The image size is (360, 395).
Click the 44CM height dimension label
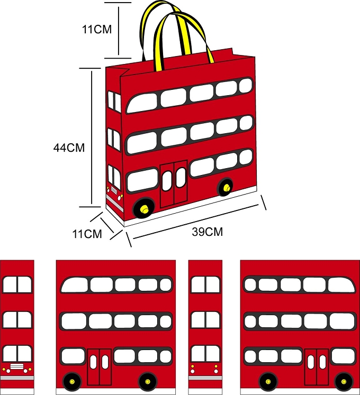[69, 148]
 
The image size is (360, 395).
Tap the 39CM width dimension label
[208, 232]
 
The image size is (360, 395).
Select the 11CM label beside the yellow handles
[97, 30]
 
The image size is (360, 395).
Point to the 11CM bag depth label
[87, 234]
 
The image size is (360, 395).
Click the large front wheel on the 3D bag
[144, 208]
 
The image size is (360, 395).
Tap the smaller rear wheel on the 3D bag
[225, 187]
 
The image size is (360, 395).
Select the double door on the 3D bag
[174, 183]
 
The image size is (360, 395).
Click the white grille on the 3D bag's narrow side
[114, 190]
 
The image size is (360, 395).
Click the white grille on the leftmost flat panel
[17, 366]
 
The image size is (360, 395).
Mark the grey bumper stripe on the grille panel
[17, 378]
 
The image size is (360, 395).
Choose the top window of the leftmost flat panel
[17, 284]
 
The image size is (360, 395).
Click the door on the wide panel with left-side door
[100, 367]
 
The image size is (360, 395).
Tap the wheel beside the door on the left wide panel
[72, 382]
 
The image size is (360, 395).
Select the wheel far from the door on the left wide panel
[148, 382]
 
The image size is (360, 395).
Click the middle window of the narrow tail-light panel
[205, 320]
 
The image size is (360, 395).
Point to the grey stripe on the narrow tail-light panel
[205, 378]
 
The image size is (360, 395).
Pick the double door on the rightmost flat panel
[317, 367]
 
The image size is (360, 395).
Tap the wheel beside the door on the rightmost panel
[344, 382]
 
